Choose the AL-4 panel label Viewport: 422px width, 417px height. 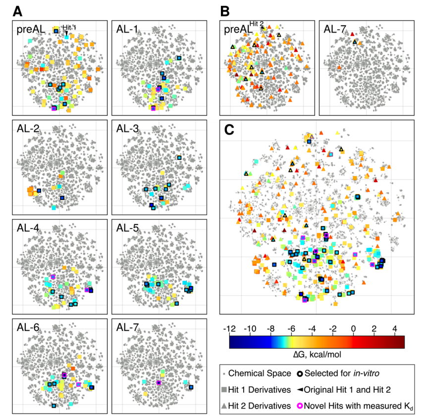pos(25,230)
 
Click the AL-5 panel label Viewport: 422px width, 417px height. pos(127,230)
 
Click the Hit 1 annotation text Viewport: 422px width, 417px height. pos(70,28)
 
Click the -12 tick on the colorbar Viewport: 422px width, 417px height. pos(229,328)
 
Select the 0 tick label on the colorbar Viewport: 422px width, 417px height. pos(353,328)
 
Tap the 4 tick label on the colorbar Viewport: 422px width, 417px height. pos(394,328)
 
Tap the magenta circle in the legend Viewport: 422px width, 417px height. pos(300,406)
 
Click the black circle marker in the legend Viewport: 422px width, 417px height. pos(300,373)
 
